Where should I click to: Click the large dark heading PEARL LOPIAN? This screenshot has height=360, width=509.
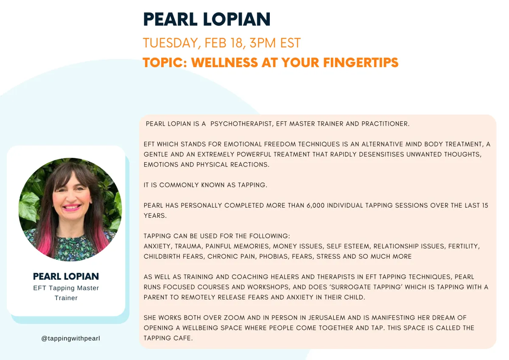207,20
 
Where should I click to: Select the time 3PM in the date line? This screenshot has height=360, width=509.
263,43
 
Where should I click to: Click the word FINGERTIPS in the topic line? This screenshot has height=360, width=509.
361,62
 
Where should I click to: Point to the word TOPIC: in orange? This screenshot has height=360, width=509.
165,62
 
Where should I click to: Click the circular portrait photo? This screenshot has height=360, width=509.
70,209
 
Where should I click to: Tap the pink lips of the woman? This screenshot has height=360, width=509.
72,208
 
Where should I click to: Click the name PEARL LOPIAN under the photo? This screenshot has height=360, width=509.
66,276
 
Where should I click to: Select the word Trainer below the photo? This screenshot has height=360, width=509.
66,298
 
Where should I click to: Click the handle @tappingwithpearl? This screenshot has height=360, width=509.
71,338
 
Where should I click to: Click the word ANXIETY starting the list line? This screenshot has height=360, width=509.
157,246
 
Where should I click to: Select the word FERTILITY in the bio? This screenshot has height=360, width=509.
464,246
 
